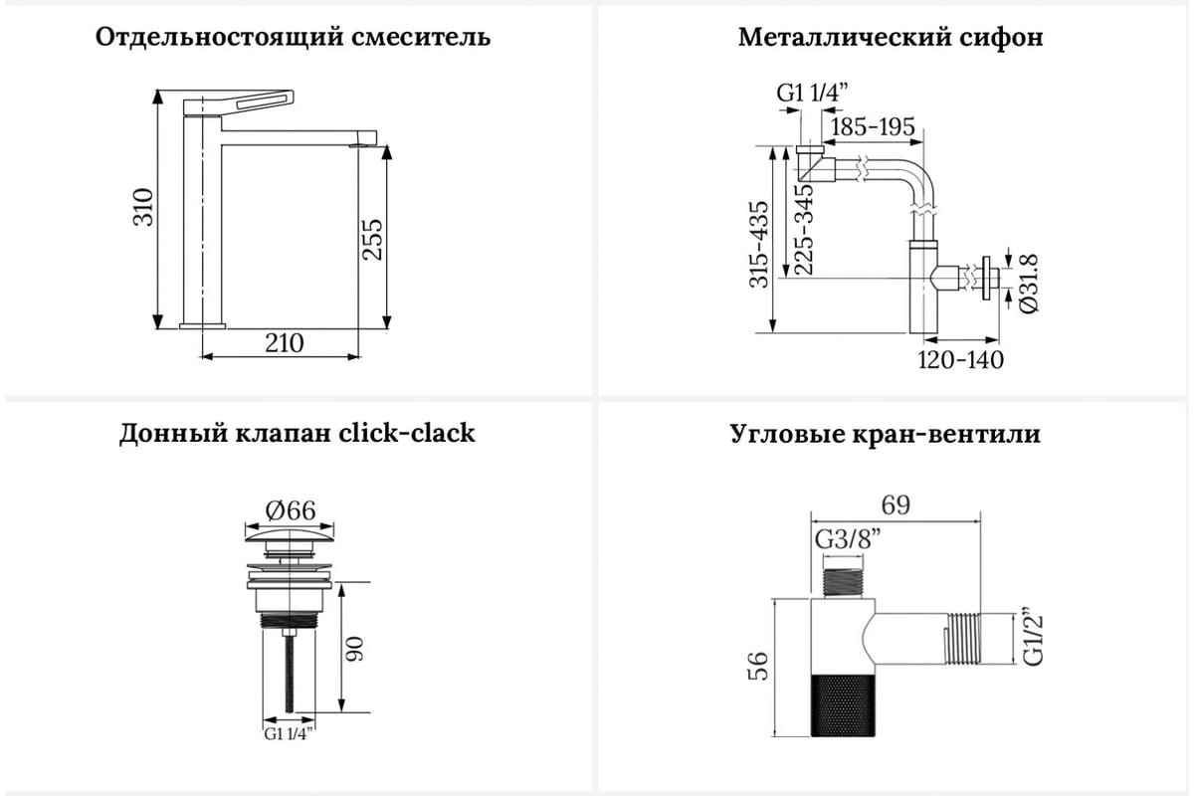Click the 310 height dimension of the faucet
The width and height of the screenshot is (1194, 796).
pos(143,207)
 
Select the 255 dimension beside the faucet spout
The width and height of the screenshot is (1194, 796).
pos(372,240)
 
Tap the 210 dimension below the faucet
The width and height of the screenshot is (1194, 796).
pos(285,343)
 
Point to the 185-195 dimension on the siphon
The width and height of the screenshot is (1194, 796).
pos(873,127)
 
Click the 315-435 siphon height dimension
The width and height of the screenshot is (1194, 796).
pos(759,244)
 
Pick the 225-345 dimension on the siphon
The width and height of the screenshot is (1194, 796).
pos(803,229)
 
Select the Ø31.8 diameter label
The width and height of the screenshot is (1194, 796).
pos(1028,284)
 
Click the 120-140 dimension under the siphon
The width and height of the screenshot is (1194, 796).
pos(960,360)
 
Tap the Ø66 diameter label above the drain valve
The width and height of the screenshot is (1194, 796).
pos(291,510)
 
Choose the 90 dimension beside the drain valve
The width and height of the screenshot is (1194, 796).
pos(355,649)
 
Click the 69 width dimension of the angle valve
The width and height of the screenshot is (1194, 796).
pos(895,504)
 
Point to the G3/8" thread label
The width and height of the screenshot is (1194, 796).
pos(848,539)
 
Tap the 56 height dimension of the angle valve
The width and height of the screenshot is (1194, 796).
pos(758,666)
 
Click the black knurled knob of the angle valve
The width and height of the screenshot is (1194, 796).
pos(843,705)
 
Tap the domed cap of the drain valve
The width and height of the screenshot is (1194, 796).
pos(290,534)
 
